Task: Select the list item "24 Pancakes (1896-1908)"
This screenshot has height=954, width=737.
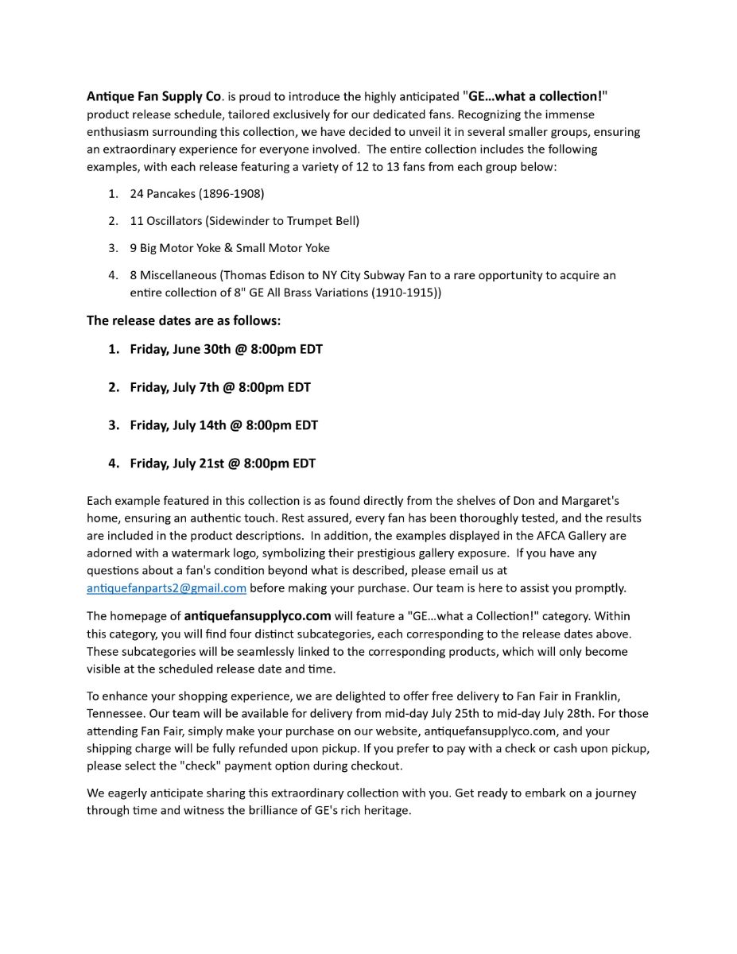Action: (x=196, y=194)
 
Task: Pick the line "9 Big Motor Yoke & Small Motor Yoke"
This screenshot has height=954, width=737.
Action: (x=230, y=248)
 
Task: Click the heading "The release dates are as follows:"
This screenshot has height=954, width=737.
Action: (x=184, y=321)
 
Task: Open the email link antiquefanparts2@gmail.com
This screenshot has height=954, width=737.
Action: (x=166, y=588)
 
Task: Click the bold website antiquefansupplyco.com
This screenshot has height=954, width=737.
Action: (x=258, y=616)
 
